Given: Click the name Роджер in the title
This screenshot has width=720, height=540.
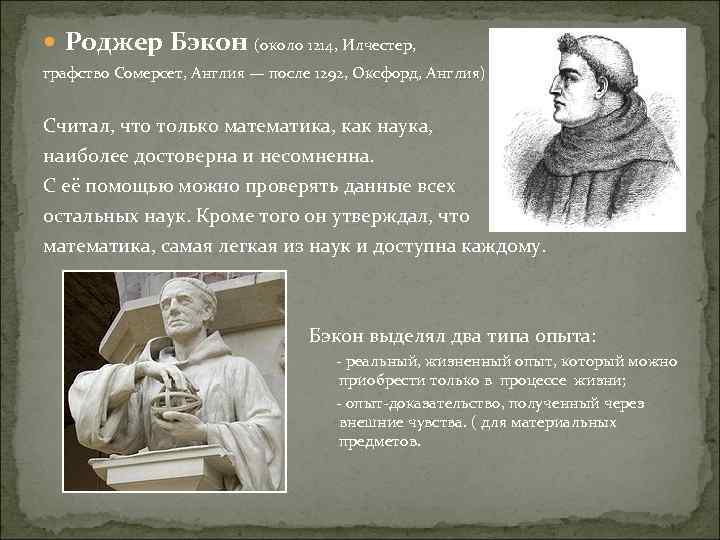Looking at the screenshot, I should click(104, 43).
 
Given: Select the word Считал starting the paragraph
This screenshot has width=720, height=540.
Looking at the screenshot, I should click(77, 128).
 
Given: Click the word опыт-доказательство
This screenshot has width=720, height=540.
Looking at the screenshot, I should click(410, 403).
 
